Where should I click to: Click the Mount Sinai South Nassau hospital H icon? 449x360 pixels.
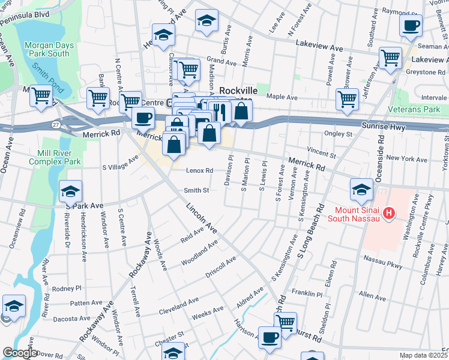coord(389,212)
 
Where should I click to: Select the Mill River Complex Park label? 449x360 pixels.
coord(58,157)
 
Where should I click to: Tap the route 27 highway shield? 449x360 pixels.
coord(55,124)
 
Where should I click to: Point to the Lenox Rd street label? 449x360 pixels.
coord(199,170)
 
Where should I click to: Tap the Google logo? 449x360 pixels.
coord(19,353)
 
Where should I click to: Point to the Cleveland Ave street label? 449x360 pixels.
coord(179,306)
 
